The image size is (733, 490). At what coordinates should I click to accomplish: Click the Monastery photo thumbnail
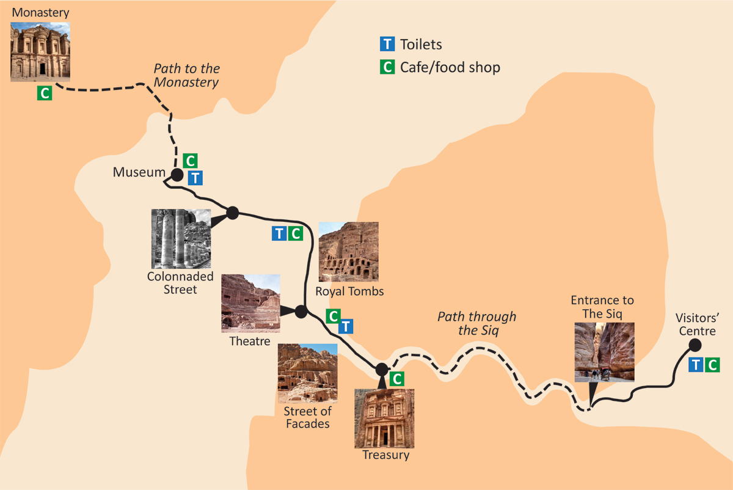pyautogui.click(x=40, y=52)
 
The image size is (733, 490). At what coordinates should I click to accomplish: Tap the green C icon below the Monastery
pyautogui.click(x=44, y=93)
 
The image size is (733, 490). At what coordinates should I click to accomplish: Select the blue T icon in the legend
pyautogui.click(x=387, y=44)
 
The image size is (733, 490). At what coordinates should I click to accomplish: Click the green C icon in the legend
pyautogui.click(x=387, y=67)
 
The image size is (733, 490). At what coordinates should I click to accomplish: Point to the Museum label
pyautogui.click(x=139, y=173)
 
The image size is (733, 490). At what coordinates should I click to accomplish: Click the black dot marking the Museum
pyautogui.click(x=177, y=175)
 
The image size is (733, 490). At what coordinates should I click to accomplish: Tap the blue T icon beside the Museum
pyautogui.click(x=195, y=178)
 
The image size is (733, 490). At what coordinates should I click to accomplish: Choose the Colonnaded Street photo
pyautogui.click(x=181, y=239)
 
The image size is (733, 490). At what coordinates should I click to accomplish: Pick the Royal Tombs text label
pyautogui.click(x=349, y=291)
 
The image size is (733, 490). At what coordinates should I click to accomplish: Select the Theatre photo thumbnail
pyautogui.click(x=250, y=303)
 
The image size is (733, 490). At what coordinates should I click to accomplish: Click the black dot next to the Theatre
pyautogui.click(x=301, y=312)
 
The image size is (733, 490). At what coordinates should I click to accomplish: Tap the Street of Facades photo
pyautogui.click(x=307, y=373)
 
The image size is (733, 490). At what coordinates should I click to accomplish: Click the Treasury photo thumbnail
pyautogui.click(x=384, y=419)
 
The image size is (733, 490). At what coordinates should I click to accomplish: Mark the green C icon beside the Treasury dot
pyautogui.click(x=397, y=379)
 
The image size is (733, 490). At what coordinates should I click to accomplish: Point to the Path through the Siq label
pyautogui.click(x=476, y=323)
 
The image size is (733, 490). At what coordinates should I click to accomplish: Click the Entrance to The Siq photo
pyautogui.click(x=604, y=351)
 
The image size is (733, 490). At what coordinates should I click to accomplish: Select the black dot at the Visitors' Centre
pyautogui.click(x=695, y=345)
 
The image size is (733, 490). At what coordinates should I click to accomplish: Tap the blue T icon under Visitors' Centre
pyautogui.click(x=696, y=365)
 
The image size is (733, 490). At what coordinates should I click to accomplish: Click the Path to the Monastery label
pyautogui.click(x=186, y=75)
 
